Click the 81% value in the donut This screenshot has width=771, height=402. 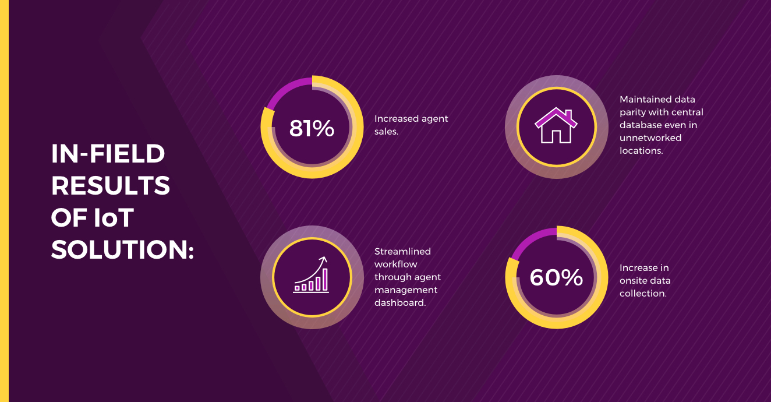312,129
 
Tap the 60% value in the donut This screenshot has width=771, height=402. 556,277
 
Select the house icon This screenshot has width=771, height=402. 556,125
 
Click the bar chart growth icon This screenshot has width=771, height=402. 311,274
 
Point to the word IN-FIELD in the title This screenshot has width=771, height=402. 108,154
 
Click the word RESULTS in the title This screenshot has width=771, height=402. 111,186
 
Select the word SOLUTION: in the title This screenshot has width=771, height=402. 122,250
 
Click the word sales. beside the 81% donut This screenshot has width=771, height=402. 386,132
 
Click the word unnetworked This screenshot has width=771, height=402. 650,138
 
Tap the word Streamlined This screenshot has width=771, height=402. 402,252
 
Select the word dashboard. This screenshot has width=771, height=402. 400,303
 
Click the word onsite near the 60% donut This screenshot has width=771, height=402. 632,281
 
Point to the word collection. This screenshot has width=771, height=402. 643,294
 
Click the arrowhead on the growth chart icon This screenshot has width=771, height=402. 323,259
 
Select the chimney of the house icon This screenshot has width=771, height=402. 568,114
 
